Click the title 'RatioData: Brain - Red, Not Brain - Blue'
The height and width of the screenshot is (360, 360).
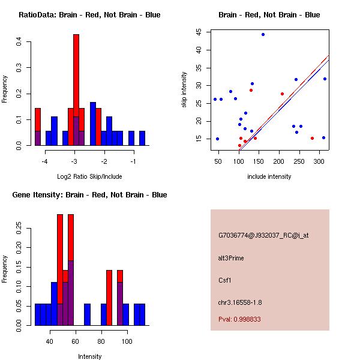[x=89, y=15]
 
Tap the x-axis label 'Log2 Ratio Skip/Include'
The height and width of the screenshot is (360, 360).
[x=89, y=176]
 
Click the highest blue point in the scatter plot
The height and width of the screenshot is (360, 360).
[x=263, y=35]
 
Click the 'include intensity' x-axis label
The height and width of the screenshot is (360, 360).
[x=269, y=176]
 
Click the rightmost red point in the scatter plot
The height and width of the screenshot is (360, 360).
[x=312, y=138]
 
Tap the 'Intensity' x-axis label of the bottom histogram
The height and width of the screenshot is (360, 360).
[x=90, y=356]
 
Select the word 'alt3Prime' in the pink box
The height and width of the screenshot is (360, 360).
[x=232, y=258]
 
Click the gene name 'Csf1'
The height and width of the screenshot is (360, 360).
[x=224, y=280]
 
